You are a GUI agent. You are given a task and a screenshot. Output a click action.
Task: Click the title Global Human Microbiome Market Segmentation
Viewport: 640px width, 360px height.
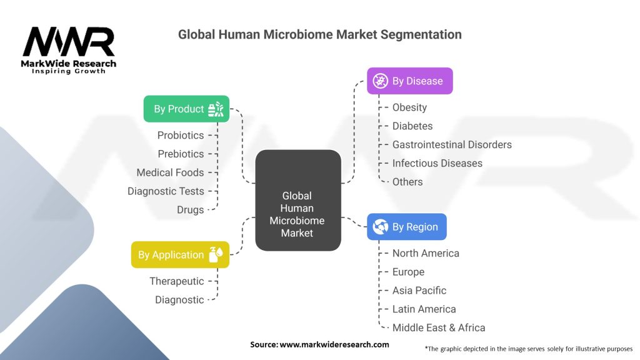pyautogui.click(x=319, y=34)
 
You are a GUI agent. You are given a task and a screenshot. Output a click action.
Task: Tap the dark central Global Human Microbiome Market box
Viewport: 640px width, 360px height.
pyautogui.click(x=297, y=201)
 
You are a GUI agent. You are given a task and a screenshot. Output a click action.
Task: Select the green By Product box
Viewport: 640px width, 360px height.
pyautogui.click(x=186, y=109)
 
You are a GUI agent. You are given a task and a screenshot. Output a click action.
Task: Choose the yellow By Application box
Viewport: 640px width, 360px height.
pyautogui.click(x=180, y=255)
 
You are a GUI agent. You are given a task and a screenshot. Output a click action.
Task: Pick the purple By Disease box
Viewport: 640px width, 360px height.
pyautogui.click(x=409, y=81)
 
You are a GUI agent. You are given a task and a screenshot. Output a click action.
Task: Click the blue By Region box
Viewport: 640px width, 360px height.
pyautogui.click(x=406, y=227)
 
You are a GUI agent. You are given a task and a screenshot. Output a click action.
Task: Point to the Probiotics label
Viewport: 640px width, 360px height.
pyautogui.click(x=181, y=135)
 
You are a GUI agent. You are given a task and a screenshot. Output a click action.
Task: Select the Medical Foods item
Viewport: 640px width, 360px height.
pyautogui.click(x=170, y=172)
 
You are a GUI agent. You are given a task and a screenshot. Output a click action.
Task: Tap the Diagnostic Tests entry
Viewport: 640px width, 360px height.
pyautogui.click(x=166, y=191)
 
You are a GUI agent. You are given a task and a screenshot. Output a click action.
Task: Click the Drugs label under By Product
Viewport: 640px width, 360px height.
pyautogui.click(x=190, y=210)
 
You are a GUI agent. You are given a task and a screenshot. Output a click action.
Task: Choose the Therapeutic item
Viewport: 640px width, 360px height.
pyautogui.click(x=177, y=281)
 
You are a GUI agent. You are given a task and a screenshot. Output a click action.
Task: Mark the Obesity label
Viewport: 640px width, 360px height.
pyautogui.click(x=409, y=107)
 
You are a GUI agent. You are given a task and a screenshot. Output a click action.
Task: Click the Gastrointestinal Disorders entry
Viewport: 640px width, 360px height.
pyautogui.click(x=452, y=144)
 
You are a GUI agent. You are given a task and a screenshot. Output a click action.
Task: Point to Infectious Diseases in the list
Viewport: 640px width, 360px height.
pyautogui.click(x=437, y=163)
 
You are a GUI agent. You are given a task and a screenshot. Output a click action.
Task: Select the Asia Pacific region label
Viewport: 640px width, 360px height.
pyautogui.click(x=419, y=291)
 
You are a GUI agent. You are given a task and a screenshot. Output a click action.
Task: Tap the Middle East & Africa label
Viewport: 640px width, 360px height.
pyautogui.click(x=439, y=327)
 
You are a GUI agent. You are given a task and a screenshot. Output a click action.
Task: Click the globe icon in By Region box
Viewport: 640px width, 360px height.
pyautogui.click(x=380, y=227)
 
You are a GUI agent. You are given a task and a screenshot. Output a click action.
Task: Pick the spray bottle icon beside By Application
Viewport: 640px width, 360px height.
pyautogui.click(x=217, y=255)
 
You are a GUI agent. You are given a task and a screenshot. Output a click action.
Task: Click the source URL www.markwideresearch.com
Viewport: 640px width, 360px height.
pyautogui.click(x=334, y=344)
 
